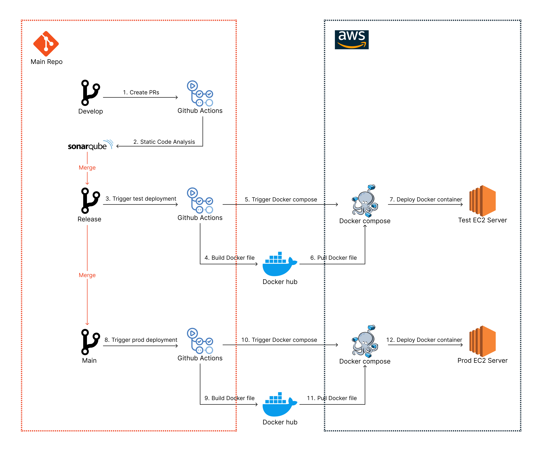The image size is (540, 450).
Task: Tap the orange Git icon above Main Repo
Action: click(x=46, y=44)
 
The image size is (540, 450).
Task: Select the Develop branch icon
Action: click(x=90, y=93)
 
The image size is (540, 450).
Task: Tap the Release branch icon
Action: click(x=90, y=201)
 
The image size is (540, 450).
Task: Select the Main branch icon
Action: click(x=90, y=342)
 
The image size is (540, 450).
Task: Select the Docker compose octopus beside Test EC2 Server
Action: click(x=365, y=201)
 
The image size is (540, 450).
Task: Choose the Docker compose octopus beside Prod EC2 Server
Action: click(x=365, y=341)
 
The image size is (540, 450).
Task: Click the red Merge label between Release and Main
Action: click(x=87, y=275)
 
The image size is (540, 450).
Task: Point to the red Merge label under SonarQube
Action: click(x=87, y=168)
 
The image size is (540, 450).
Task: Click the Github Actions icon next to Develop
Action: click(x=200, y=94)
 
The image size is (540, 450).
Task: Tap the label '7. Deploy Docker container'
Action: click(x=426, y=199)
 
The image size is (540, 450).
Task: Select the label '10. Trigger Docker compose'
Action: click(x=279, y=340)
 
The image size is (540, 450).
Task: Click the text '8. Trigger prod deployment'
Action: click(x=141, y=340)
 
